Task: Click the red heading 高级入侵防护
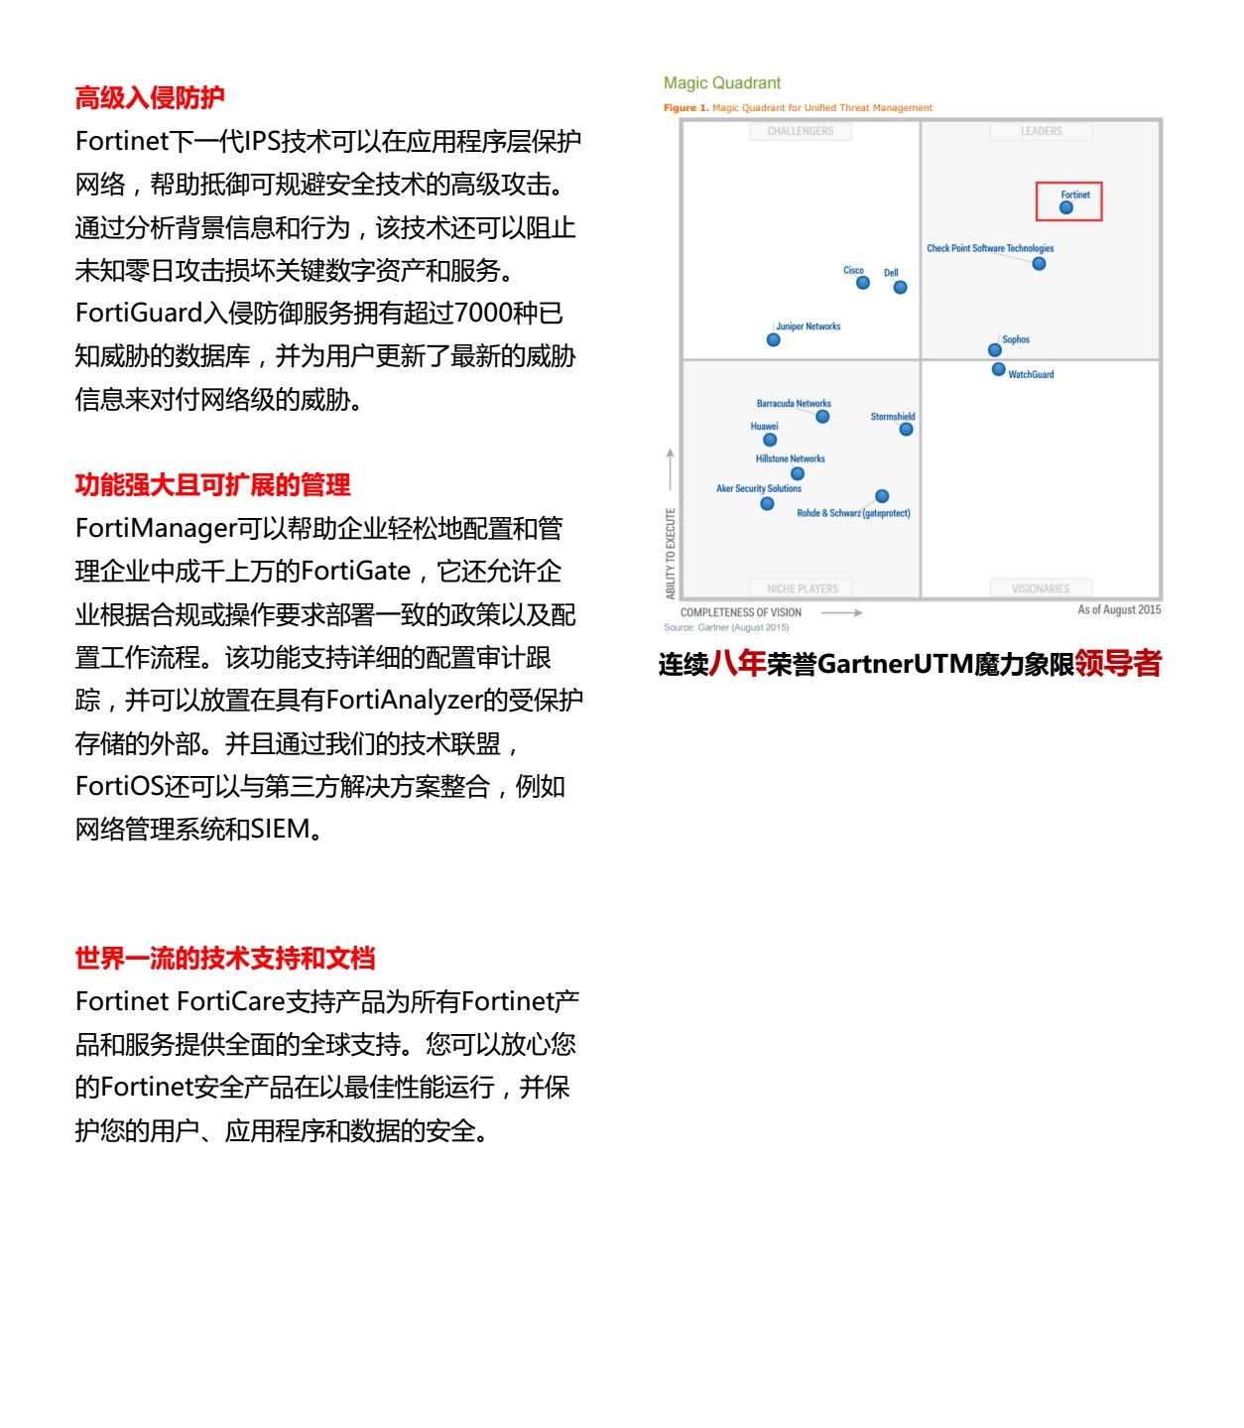pos(150,97)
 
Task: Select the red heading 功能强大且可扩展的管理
pos(212,484)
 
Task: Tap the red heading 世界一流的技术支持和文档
pos(225,958)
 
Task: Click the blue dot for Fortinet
pos(1066,207)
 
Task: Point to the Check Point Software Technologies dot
pos(1039,264)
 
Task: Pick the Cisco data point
pos(863,283)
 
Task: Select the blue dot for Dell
pos(900,288)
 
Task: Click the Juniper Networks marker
pos(774,339)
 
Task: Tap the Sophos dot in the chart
pos(995,349)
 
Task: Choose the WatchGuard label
pos(1031,374)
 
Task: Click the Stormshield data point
pos(906,430)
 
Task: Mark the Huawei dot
pos(770,440)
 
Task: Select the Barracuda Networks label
pos(794,404)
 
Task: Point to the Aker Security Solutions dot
pos(767,503)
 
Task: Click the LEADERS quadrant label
pos(1041,131)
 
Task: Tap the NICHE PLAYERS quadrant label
pos(803,588)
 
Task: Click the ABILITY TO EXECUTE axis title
pos(671,553)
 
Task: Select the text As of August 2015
pos(1119,609)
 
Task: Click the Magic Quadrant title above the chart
pos(722,83)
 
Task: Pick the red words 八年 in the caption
pos(737,663)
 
